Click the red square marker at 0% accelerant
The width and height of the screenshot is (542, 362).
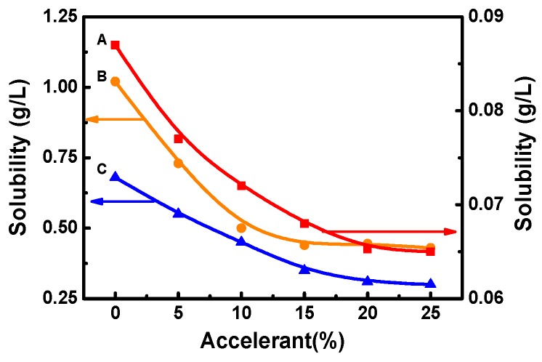[x=115, y=45]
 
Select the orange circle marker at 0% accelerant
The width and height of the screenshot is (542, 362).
[x=115, y=81]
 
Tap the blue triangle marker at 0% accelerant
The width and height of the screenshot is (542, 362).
[x=115, y=176]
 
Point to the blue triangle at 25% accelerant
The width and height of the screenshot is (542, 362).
[x=430, y=283]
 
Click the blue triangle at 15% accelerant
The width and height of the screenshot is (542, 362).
[x=304, y=268]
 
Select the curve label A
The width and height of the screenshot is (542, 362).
[x=102, y=41]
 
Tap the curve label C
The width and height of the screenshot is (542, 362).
[x=102, y=169]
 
